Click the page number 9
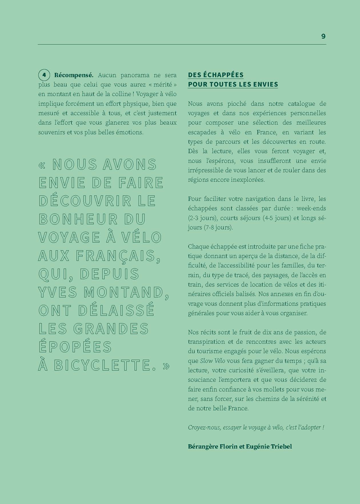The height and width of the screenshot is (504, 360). pyautogui.click(x=323, y=36)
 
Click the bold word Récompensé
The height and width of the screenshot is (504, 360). pyautogui.click(x=74, y=75)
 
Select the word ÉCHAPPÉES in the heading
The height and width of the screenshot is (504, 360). pyautogui.click(x=219, y=75)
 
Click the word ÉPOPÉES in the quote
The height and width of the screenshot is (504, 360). pyautogui.click(x=75, y=347)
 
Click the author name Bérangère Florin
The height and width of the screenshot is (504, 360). pyautogui.click(x=213, y=446)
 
